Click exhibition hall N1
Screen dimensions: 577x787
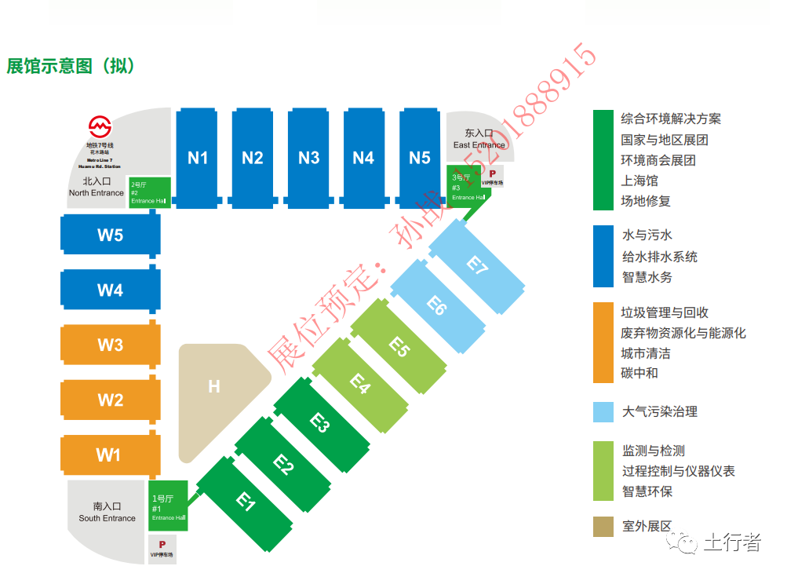[x=197, y=158]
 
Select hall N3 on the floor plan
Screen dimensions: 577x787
[x=308, y=158]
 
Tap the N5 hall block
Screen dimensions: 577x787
[x=420, y=158]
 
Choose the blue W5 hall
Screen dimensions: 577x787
[x=111, y=236]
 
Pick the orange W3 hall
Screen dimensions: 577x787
[x=111, y=345]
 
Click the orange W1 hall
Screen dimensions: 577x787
[x=109, y=455]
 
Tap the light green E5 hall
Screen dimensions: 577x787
[x=399, y=346]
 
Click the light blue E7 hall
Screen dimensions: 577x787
[x=477, y=266]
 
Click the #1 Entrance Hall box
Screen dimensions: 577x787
[x=168, y=506]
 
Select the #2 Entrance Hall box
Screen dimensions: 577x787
[x=149, y=192]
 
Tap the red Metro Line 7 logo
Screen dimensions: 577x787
[x=100, y=126]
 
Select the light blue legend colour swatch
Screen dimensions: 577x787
[x=603, y=412]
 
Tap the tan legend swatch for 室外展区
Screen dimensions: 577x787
[x=603, y=527]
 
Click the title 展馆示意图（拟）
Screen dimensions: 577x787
[x=71, y=66]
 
